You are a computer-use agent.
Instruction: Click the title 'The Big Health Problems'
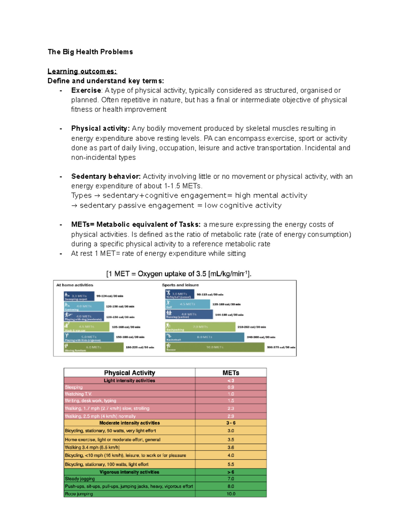[90, 52]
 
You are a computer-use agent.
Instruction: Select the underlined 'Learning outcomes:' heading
[82, 71]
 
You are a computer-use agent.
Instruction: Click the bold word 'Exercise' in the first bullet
[86, 91]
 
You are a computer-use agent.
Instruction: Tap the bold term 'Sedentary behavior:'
[106, 176]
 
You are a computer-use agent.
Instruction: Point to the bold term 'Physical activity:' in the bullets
[100, 129]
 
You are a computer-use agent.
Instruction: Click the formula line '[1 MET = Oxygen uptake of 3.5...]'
[179, 274]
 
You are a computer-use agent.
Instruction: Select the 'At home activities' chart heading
[75, 285]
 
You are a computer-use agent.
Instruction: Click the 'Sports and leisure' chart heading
[180, 285]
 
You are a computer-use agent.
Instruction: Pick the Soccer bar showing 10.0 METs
[214, 347]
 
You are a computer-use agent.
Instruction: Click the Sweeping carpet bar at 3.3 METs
[79, 296]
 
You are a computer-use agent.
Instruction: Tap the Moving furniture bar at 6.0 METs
[94, 347]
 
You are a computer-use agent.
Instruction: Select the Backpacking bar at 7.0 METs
[200, 327]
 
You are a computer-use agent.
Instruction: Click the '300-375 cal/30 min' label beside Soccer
[281, 347]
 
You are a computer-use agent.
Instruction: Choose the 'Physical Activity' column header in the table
[129, 373]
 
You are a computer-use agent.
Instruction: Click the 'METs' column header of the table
[231, 373]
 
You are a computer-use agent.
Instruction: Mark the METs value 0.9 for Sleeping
[231, 387]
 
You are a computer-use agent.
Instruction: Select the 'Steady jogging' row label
[80, 479]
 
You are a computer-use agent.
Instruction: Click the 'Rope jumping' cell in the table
[79, 494]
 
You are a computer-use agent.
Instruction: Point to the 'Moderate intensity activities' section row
[129, 423]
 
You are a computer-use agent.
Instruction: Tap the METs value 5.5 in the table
[231, 464]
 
